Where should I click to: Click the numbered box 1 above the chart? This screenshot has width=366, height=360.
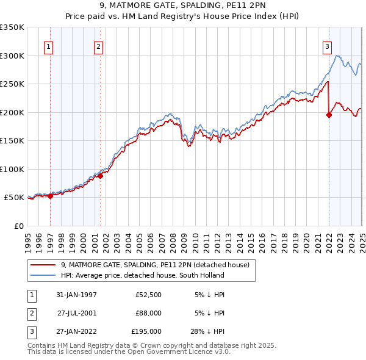click(48, 46)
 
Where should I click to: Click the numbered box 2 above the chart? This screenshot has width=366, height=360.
click(98, 46)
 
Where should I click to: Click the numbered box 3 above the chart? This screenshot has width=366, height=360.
click(328, 46)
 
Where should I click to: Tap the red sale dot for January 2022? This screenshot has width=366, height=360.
click(329, 115)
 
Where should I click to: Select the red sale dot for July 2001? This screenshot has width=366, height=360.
click(101, 176)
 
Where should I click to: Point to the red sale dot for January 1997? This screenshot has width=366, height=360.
click(51, 196)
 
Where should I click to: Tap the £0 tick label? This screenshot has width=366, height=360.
click(18, 226)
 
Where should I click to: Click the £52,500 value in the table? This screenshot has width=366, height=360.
click(148, 295)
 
